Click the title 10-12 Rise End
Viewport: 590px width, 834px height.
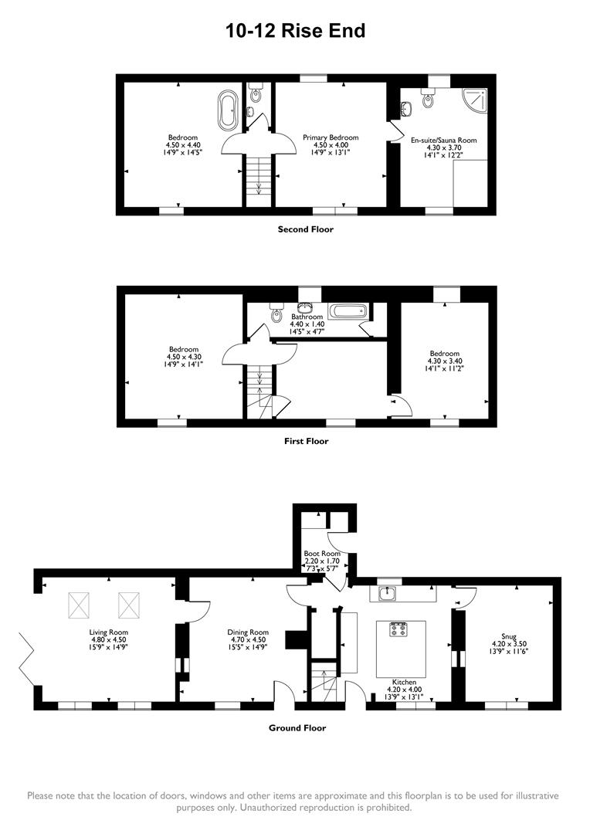[295, 31]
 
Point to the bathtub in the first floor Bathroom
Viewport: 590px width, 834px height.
[349, 312]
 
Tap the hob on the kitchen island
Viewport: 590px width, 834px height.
[399, 629]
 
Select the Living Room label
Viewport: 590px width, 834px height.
[108, 632]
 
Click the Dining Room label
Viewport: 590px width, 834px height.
[248, 632]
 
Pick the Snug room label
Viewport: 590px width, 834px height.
[500, 637]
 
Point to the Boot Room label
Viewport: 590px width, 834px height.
[321, 553]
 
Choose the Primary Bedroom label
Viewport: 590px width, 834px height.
[331, 137]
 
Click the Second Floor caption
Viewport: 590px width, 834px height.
[306, 229]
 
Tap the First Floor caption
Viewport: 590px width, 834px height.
[306, 441]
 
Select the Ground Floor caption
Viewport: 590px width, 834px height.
[297, 727]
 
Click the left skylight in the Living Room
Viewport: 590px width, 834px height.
[80, 605]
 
